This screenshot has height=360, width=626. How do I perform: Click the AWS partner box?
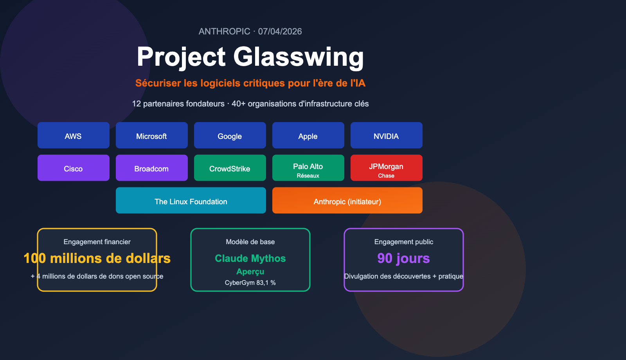click(x=74, y=135)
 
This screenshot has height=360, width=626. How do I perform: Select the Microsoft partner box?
click(x=152, y=135)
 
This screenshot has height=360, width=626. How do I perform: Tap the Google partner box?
click(x=230, y=135)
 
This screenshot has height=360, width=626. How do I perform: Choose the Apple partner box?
click(x=308, y=135)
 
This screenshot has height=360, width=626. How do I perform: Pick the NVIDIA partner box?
click(x=387, y=135)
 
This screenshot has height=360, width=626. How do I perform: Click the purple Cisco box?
click(x=74, y=168)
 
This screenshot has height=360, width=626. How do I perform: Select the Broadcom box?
click(x=152, y=168)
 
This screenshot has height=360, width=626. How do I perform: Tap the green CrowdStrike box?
click(x=230, y=168)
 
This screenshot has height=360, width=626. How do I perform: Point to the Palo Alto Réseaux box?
click(x=308, y=168)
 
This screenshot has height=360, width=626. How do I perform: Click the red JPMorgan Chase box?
click(x=387, y=168)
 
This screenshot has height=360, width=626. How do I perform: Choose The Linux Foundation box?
click(x=191, y=200)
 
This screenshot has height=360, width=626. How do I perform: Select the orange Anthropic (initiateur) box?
click(x=347, y=200)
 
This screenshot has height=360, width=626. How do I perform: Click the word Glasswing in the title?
click(x=299, y=57)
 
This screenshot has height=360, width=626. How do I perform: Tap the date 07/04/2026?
click(x=280, y=31)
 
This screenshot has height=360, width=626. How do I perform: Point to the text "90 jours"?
click(x=403, y=258)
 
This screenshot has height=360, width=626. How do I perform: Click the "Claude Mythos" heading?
click(x=250, y=258)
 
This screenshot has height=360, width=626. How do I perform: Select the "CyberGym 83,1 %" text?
click(x=250, y=283)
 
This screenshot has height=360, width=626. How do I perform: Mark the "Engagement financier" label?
click(x=97, y=242)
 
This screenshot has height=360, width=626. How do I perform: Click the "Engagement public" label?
click(x=404, y=242)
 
